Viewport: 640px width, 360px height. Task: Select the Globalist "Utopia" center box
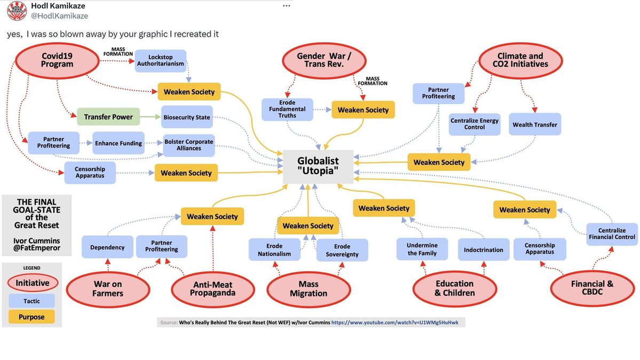pos(318,166)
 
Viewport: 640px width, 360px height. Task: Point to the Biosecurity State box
pos(186,117)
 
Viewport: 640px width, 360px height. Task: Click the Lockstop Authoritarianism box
pos(160,60)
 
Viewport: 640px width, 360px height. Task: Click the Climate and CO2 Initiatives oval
pos(521,60)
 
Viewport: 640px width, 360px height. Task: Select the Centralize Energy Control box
pos(474,124)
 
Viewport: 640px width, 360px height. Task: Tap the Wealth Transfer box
pos(534,124)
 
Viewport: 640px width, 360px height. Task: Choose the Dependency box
pos(107,247)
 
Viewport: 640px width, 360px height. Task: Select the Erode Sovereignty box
pos(342,250)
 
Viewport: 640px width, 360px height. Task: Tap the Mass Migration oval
pos(309,289)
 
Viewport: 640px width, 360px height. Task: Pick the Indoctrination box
pos(484,249)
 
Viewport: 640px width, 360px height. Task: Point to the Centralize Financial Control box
pos(611,233)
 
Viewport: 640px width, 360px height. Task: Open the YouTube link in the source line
pos(398,323)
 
